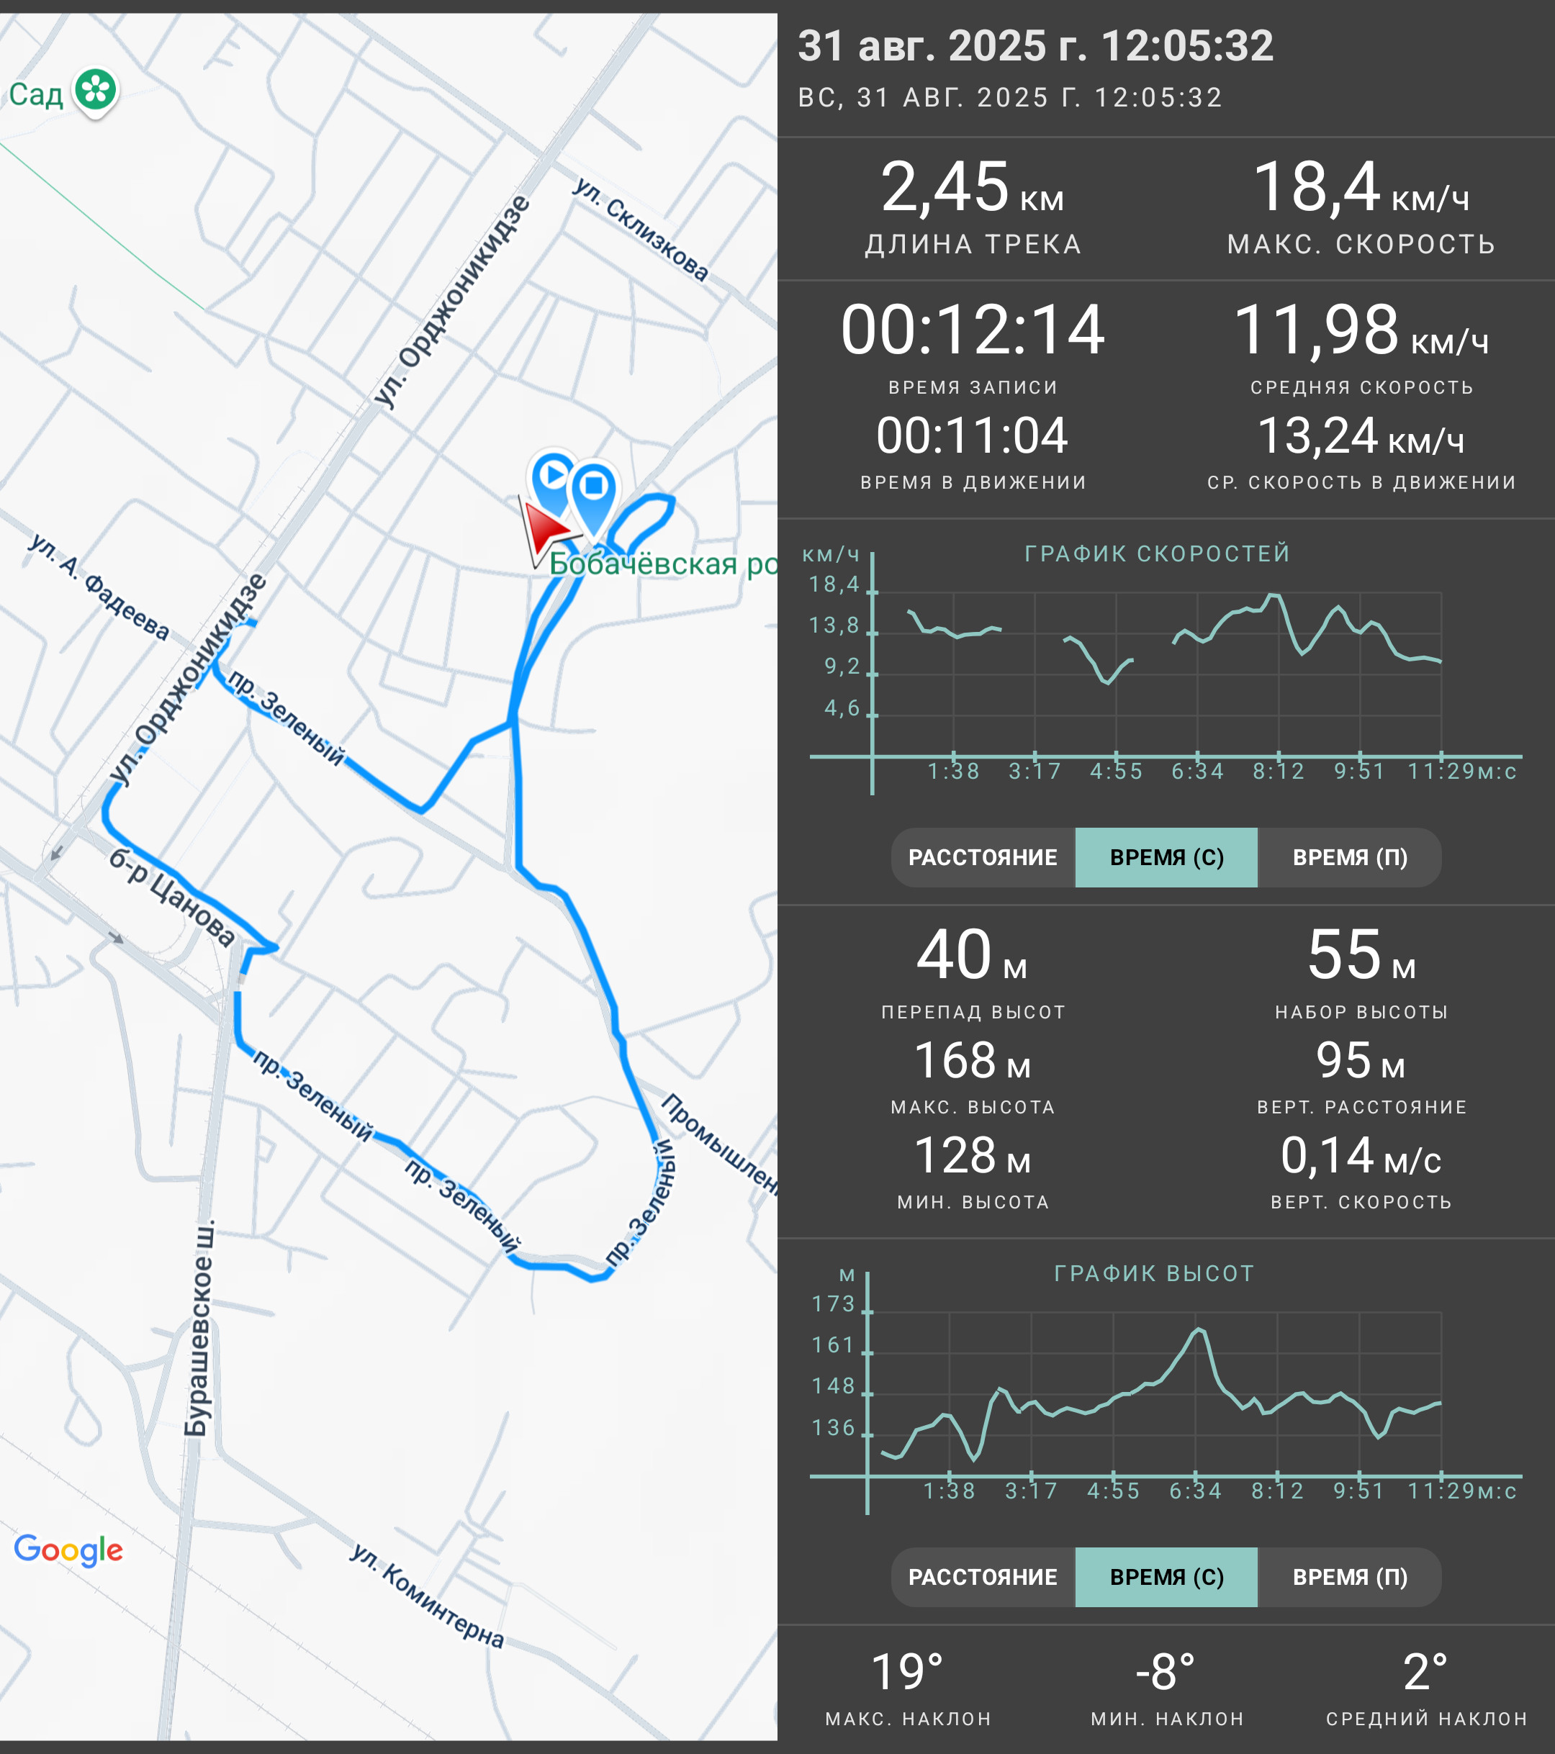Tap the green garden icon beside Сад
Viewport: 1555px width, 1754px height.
[x=95, y=91]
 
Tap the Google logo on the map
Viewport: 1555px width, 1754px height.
[x=68, y=1550]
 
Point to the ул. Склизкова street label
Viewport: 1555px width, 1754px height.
[x=641, y=229]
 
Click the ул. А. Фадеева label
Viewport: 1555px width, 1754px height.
[x=99, y=586]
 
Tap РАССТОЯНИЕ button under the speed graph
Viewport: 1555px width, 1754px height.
[x=983, y=857]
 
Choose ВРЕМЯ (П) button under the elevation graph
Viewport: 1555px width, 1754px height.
[x=1350, y=1577]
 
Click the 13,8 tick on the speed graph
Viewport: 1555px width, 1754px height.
[x=834, y=625]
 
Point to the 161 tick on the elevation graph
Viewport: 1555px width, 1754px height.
[x=833, y=1344]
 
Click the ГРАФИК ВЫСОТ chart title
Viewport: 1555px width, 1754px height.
[x=1154, y=1273]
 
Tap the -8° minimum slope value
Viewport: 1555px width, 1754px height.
[x=1166, y=1673]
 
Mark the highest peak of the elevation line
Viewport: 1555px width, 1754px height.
[x=1199, y=1329]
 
